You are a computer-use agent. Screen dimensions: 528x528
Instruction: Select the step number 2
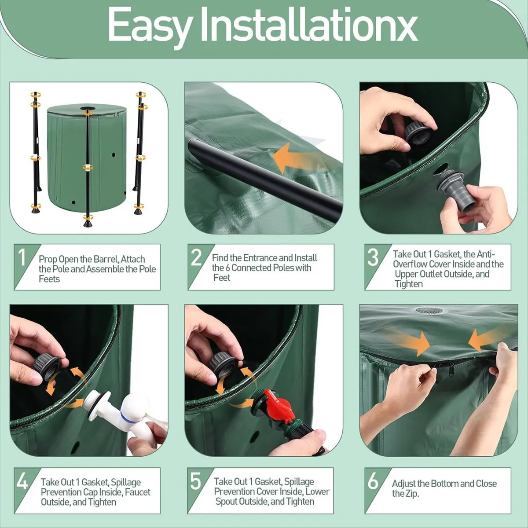pos(196,257)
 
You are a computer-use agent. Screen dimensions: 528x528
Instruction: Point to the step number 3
pos(373,257)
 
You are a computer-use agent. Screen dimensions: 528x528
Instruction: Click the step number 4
pos(22,482)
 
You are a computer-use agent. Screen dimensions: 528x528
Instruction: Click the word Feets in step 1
pos(49,279)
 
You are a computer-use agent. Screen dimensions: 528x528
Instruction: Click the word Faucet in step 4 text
pos(137,492)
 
